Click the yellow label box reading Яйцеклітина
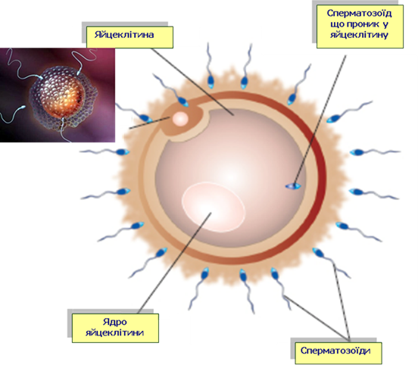pos(129,37)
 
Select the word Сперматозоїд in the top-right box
pos(359,14)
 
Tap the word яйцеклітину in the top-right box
pos(359,35)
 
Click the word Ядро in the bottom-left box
pos(115,322)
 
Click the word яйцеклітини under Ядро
pos(115,332)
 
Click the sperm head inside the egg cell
pos(293,186)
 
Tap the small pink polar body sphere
pos(180,119)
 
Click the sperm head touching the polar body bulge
pos(183,101)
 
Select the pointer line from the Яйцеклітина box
pos(192,82)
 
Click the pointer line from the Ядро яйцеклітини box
pos(175,263)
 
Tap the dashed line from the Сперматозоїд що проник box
pos(320,120)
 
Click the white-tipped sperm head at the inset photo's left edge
pos(23,108)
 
